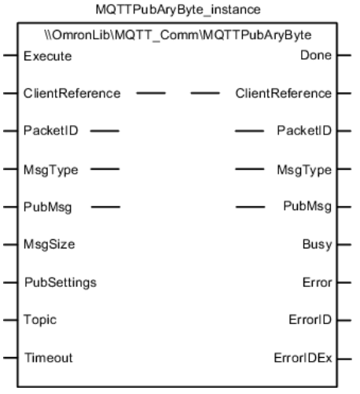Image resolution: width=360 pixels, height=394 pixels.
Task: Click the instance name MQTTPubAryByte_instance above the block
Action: [x=178, y=10]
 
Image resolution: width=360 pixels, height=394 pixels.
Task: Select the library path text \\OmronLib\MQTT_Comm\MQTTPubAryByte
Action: [x=178, y=35]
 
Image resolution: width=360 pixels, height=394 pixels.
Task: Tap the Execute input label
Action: [x=48, y=56]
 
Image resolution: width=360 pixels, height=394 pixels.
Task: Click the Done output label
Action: [x=316, y=55]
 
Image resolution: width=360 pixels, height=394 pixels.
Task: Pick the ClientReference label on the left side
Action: [x=72, y=94]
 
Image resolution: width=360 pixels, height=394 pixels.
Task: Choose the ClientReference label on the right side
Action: [x=284, y=94]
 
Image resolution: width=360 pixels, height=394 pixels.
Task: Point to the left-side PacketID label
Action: [x=51, y=131]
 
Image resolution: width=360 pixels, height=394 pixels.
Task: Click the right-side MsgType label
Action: [x=304, y=170]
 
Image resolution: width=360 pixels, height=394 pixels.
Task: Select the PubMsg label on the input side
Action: [x=48, y=207]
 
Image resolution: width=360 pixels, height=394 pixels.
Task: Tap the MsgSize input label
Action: [x=50, y=245]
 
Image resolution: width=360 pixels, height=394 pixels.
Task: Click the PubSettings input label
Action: [x=61, y=282]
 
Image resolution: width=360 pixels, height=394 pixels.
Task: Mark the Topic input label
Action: [x=40, y=320]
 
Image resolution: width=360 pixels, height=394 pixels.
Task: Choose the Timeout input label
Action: [x=49, y=358]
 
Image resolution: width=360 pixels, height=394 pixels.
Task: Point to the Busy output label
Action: [x=318, y=245]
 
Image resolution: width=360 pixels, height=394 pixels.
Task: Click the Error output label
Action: [x=318, y=282]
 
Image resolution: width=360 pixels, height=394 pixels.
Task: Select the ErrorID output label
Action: [x=310, y=320]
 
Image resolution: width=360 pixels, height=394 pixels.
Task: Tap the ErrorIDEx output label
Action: [x=303, y=358]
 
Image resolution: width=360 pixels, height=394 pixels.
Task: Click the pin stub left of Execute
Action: [x=10, y=55]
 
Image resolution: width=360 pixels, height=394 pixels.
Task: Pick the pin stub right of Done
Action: [x=344, y=55]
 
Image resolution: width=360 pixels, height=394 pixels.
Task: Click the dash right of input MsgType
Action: [x=105, y=169]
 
